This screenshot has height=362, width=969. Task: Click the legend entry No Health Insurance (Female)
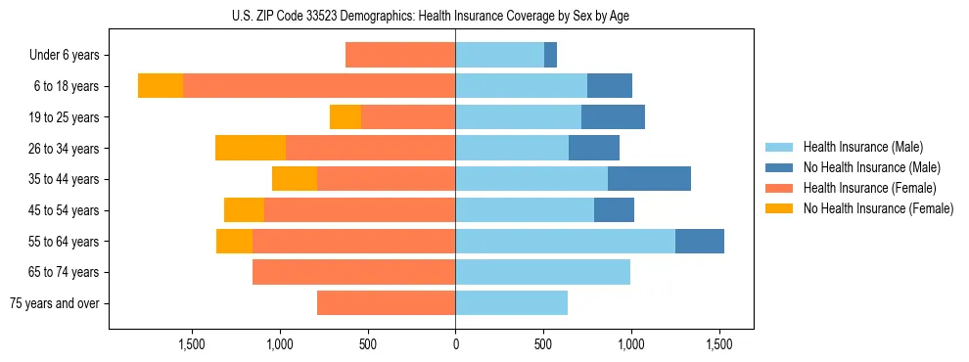click(878, 208)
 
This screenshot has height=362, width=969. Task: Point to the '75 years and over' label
click(54, 303)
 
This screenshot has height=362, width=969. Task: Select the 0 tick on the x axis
click(455, 344)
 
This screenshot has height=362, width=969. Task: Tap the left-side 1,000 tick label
click(280, 344)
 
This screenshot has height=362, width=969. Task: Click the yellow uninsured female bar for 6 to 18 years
click(161, 86)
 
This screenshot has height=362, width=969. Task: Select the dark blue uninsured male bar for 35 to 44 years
click(649, 179)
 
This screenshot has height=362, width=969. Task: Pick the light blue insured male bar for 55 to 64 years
click(565, 242)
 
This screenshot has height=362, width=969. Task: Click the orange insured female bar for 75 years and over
click(386, 303)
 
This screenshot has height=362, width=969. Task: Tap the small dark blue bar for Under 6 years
click(550, 56)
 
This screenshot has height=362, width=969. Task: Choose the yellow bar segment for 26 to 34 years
click(251, 148)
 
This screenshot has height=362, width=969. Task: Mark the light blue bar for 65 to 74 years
click(542, 272)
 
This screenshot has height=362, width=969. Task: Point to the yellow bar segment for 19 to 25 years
click(346, 117)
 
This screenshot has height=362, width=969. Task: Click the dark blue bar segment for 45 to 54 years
click(614, 210)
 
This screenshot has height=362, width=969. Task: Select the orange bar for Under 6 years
click(400, 56)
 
